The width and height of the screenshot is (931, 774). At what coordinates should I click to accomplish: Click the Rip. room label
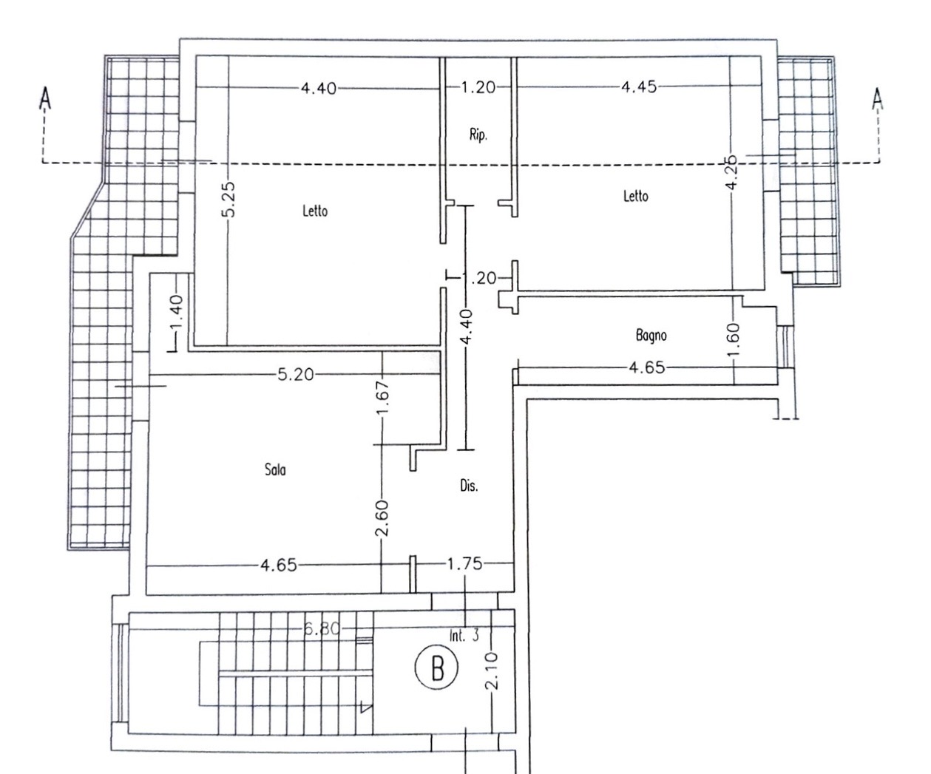tap(478, 135)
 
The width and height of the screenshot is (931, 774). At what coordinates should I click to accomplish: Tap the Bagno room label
tap(651, 336)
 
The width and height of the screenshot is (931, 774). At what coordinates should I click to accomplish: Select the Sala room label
tap(275, 469)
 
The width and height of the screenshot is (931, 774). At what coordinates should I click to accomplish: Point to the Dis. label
tap(469, 486)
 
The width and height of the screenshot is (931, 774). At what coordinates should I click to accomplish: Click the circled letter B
tap(437, 669)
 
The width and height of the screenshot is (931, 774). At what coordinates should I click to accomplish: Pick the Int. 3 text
tap(464, 636)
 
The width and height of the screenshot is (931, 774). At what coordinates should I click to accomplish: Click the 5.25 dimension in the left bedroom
tap(228, 199)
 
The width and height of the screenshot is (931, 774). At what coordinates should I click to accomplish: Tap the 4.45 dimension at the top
tap(639, 87)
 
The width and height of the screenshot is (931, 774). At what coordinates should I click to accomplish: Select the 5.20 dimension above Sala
tap(296, 375)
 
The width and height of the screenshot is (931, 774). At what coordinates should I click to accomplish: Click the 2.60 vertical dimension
tap(382, 517)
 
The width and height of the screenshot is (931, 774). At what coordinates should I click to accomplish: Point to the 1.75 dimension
tap(464, 564)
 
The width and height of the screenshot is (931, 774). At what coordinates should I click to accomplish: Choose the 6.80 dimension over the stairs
tap(322, 629)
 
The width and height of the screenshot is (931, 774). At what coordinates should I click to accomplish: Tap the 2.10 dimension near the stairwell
tap(492, 671)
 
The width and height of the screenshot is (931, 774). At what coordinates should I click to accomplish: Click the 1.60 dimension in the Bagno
tap(734, 339)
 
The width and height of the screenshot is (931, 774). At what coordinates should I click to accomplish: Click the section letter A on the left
tap(45, 98)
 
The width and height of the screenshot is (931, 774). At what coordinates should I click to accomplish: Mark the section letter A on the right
tap(878, 98)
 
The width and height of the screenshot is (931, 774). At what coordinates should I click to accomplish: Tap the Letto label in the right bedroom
tap(636, 196)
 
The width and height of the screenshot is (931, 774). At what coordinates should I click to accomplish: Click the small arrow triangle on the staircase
tap(365, 707)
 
